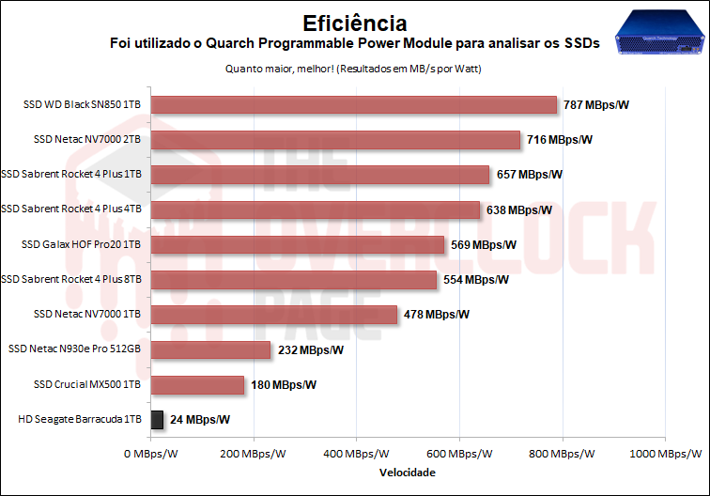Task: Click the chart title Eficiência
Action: coord(355,21)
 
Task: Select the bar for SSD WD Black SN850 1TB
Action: coord(354,104)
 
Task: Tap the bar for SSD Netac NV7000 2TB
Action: coord(335,140)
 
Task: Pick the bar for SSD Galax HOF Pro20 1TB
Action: coord(298,244)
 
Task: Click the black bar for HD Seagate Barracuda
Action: coord(158,419)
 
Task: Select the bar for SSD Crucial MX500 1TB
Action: coord(197,384)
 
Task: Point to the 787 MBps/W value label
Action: coord(596,104)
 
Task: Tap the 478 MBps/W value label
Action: coord(437,315)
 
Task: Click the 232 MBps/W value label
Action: coord(311,349)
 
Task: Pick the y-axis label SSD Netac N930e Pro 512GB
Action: coord(74,349)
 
